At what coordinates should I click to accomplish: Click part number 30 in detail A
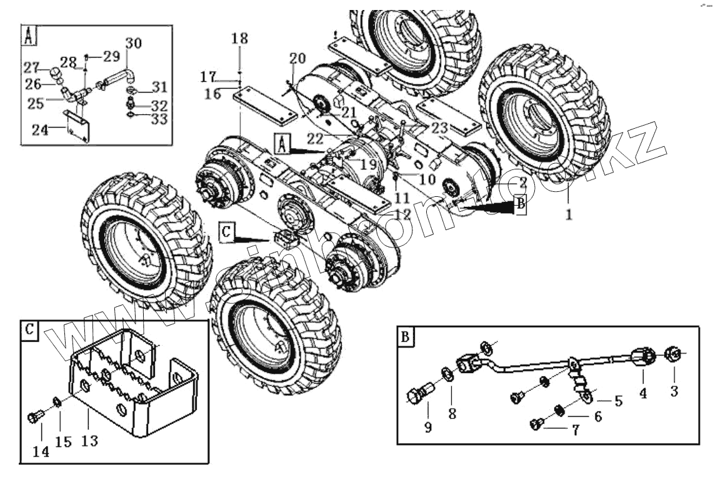133,43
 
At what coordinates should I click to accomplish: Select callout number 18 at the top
239,39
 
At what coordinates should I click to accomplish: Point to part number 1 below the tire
568,214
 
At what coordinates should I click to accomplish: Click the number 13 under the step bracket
89,441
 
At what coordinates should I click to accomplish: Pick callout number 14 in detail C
41,452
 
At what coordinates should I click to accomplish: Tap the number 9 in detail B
428,427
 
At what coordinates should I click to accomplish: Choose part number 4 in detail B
642,393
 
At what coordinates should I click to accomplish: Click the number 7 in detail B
574,430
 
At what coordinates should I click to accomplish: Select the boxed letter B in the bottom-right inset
406,337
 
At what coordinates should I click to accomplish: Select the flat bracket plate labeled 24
78,125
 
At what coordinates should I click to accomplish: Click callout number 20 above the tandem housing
297,59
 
